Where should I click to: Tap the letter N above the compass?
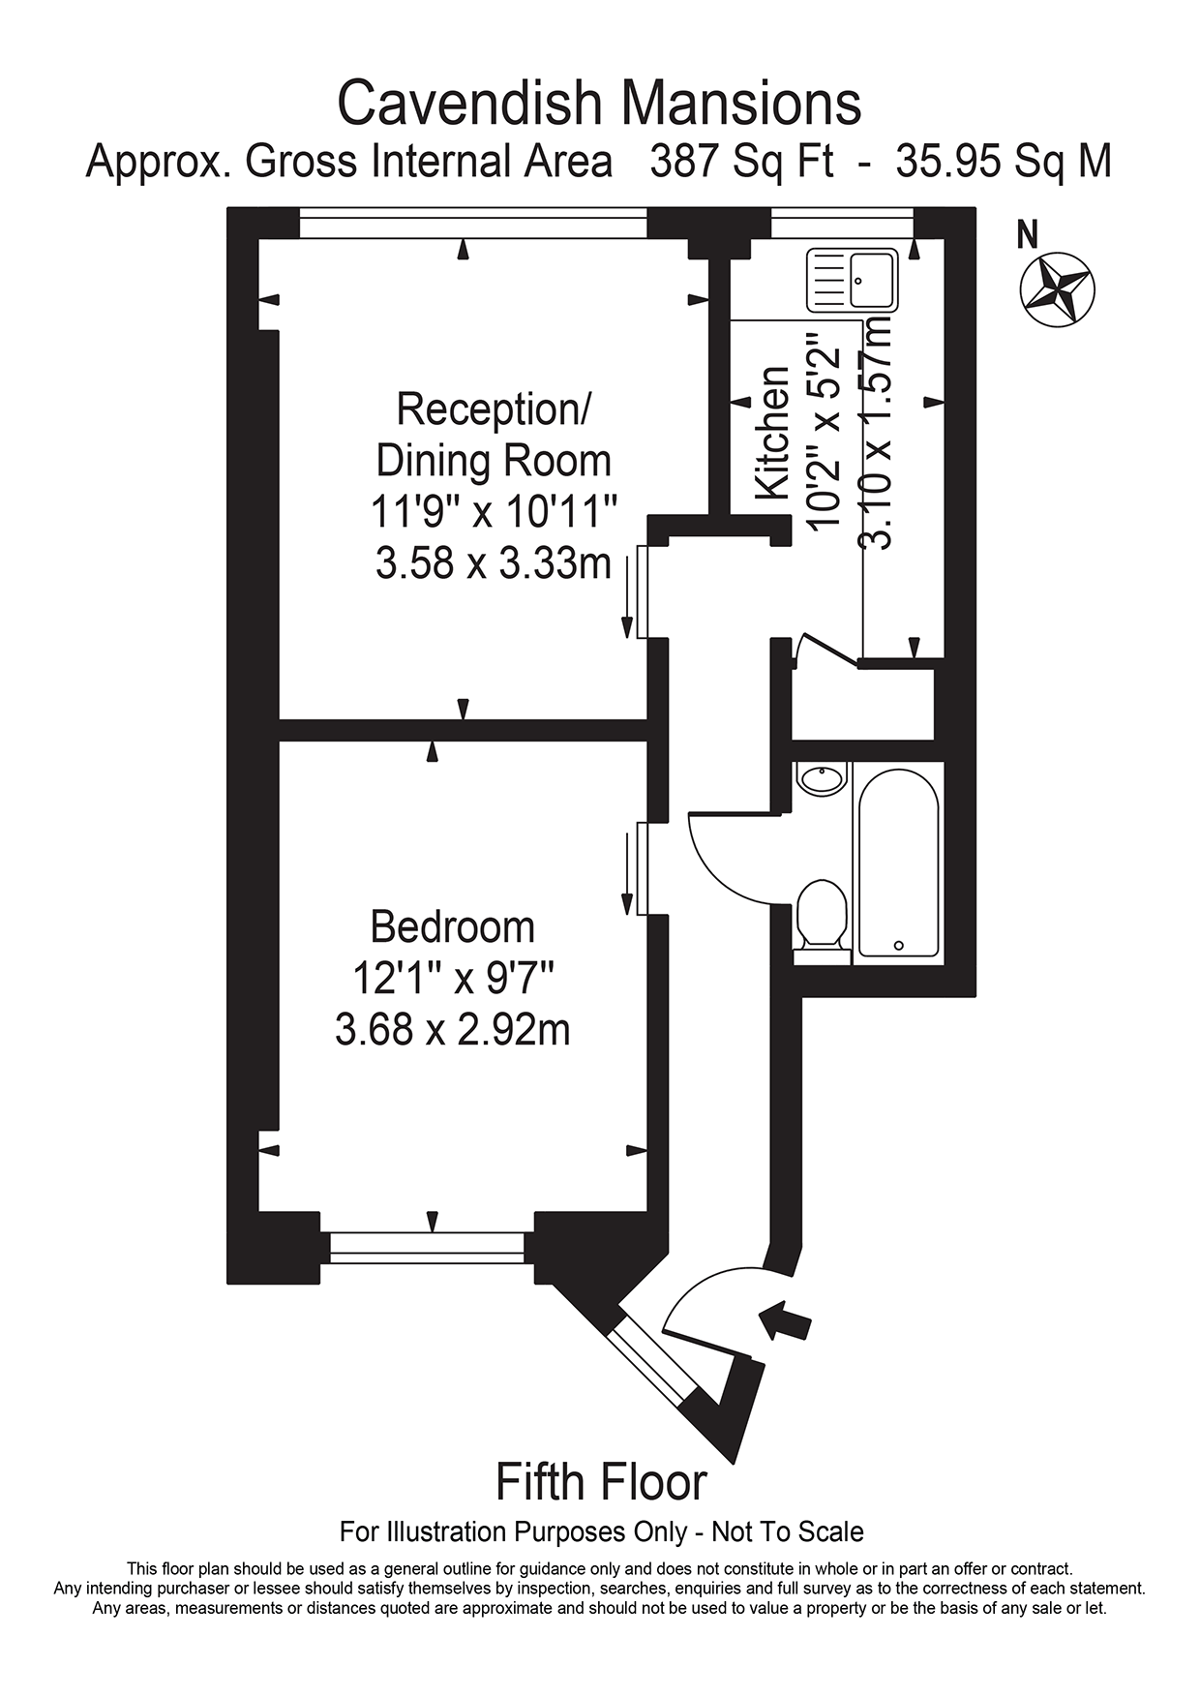pos(1028,233)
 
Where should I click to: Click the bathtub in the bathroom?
pos(898,863)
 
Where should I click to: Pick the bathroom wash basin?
pos(821,778)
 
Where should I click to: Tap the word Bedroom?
pos(453,927)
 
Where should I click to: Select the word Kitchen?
pos(771,433)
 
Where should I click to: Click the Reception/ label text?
pos(494,409)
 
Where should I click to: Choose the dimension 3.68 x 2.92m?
pos(453,1029)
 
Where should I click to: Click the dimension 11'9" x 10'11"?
pos(494,511)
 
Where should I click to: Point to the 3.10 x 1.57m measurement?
pos(876,433)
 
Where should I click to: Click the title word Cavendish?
pos(471,104)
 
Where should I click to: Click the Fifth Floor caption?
pos(601,1482)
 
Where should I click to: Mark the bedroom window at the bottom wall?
pos(427,1247)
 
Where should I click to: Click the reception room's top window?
pos(473,224)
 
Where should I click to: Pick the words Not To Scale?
pos(788,1532)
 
